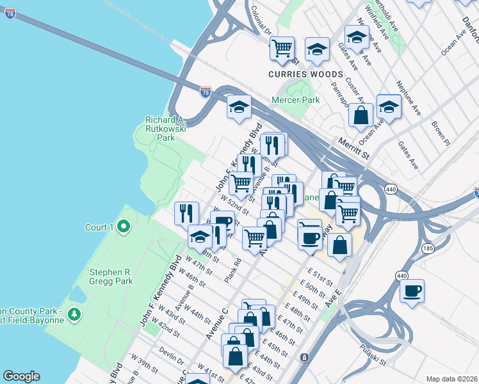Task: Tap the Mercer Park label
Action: click(295, 100)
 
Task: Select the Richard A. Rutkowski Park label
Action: click(165, 129)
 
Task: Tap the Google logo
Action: click(21, 376)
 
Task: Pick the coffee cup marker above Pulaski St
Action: click(411, 291)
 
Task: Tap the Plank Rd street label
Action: click(233, 270)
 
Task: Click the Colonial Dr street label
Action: click(263, 22)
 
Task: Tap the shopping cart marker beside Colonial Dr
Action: click(282, 49)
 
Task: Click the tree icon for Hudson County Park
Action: click(76, 314)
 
